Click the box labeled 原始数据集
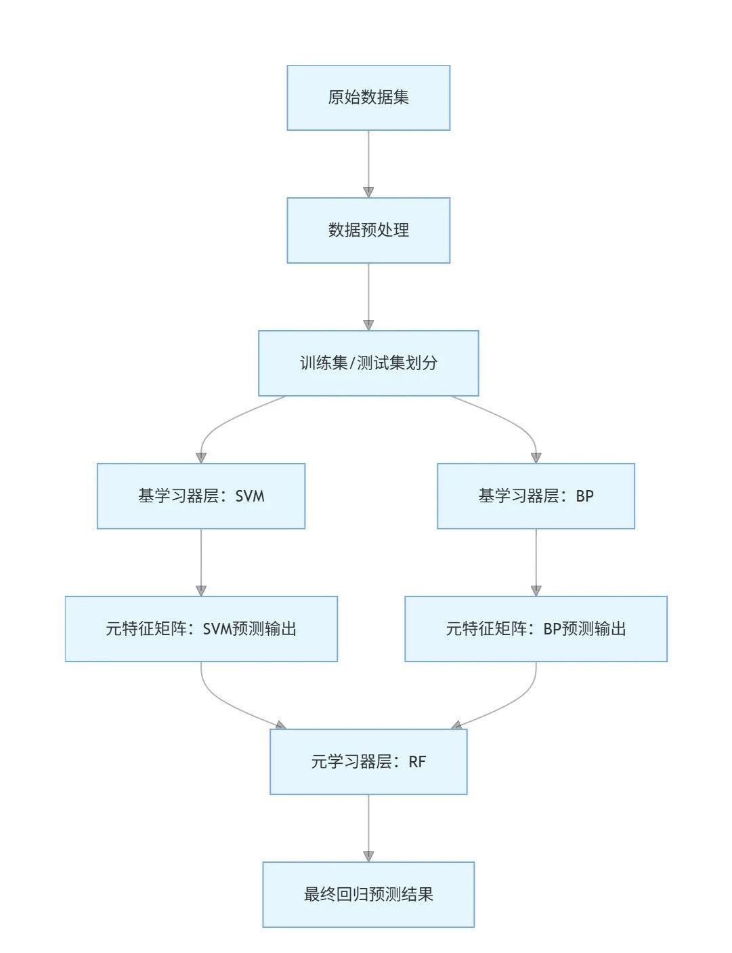[368, 98]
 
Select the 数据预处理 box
[368, 230]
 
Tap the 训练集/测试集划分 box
[368, 363]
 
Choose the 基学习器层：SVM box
[201, 496]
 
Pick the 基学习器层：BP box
[536, 496]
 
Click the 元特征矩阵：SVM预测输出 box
[201, 629]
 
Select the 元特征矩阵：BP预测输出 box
[536, 629]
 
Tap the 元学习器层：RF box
[368, 762]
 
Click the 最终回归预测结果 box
[368, 895]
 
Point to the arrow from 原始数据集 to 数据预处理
[368, 164]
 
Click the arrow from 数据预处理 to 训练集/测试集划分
[368, 297]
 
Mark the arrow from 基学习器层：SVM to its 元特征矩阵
[201, 562]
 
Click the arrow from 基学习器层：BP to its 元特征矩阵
[536, 562]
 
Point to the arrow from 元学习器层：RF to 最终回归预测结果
[368, 828]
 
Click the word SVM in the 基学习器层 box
[250, 496]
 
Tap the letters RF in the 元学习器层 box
[417, 762]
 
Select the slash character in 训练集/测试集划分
[351, 363]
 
